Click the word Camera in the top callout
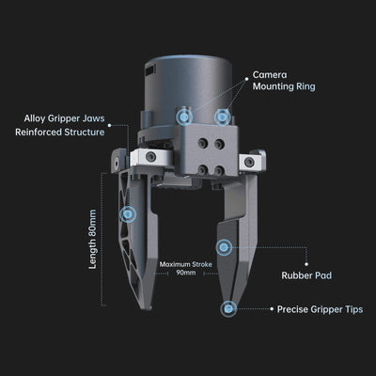click(x=270, y=75)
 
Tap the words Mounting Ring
click(x=284, y=86)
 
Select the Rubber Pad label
click(x=306, y=275)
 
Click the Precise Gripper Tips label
click(x=320, y=309)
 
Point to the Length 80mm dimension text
click(x=92, y=240)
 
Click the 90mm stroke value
click(x=186, y=273)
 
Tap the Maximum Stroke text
click(x=186, y=264)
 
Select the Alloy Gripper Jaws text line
click(x=64, y=118)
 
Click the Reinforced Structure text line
click(x=60, y=132)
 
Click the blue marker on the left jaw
click(x=128, y=214)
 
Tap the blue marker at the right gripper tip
click(x=228, y=309)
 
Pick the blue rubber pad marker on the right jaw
click(x=224, y=247)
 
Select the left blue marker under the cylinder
click(x=184, y=117)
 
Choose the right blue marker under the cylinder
click(x=223, y=117)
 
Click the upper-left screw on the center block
click(x=203, y=144)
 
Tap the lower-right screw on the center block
click(x=219, y=171)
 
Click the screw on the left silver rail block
click(x=151, y=156)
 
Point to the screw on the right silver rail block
click(x=250, y=162)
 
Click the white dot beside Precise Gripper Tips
click(x=272, y=308)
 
